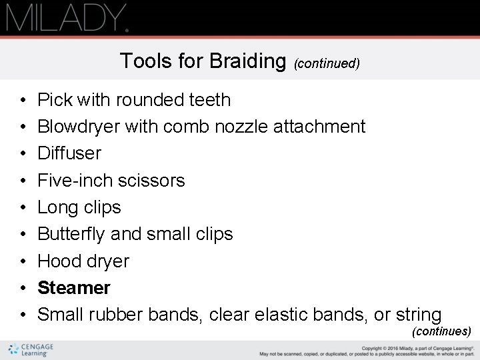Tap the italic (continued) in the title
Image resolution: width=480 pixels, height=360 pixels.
pos(327,64)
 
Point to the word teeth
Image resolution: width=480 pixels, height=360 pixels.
pos(209,100)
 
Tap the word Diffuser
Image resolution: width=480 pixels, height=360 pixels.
pos(69,153)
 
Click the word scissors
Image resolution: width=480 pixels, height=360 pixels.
pos(155,181)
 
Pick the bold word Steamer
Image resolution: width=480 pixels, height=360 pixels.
pos(74,288)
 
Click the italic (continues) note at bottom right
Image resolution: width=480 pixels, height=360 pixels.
pos(441,331)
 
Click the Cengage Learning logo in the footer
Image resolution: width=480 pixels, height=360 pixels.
pos(31,350)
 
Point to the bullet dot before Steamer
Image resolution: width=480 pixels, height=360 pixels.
pos(23,288)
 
